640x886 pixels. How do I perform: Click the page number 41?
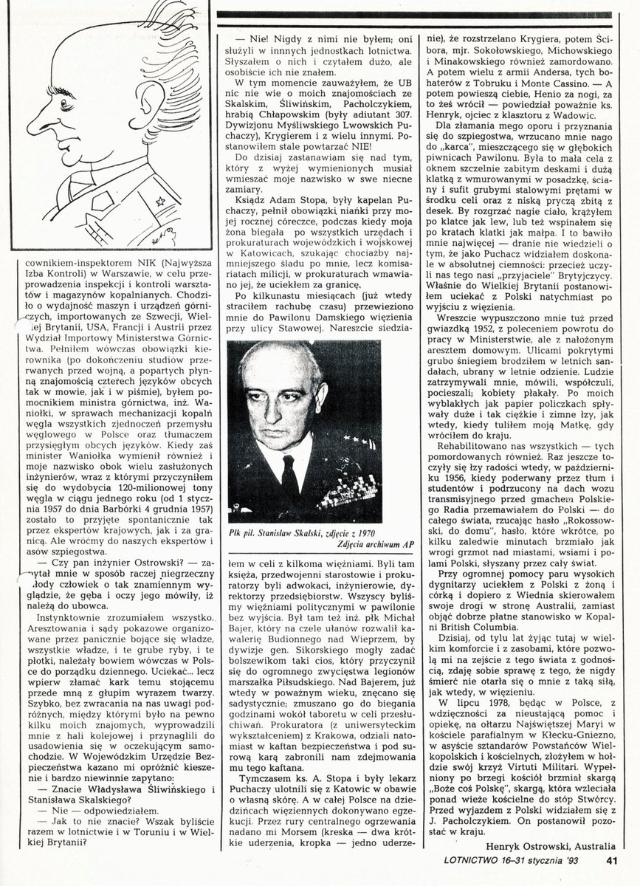(612, 858)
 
